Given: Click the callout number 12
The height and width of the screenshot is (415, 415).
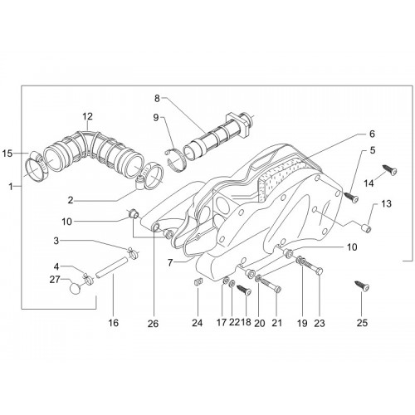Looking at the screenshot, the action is [87, 116].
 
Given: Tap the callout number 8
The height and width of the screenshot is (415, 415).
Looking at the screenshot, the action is [157, 98].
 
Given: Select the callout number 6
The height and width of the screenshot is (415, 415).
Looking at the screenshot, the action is [372, 134].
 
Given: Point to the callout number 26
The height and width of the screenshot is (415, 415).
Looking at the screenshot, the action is [153, 323].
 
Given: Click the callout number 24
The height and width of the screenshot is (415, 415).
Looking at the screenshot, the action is [198, 323].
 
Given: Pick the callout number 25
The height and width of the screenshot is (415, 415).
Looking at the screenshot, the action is [362, 323].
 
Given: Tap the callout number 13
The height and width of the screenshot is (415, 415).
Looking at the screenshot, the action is [387, 204].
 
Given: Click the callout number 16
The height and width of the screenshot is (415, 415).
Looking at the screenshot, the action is [114, 323].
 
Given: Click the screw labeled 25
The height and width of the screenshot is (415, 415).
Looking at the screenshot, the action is [363, 286].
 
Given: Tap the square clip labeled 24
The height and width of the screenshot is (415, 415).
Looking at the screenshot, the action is [198, 282].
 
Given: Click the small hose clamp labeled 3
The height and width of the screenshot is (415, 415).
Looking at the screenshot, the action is [133, 253].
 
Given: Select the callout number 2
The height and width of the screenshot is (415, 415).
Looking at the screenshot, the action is [71, 200].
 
